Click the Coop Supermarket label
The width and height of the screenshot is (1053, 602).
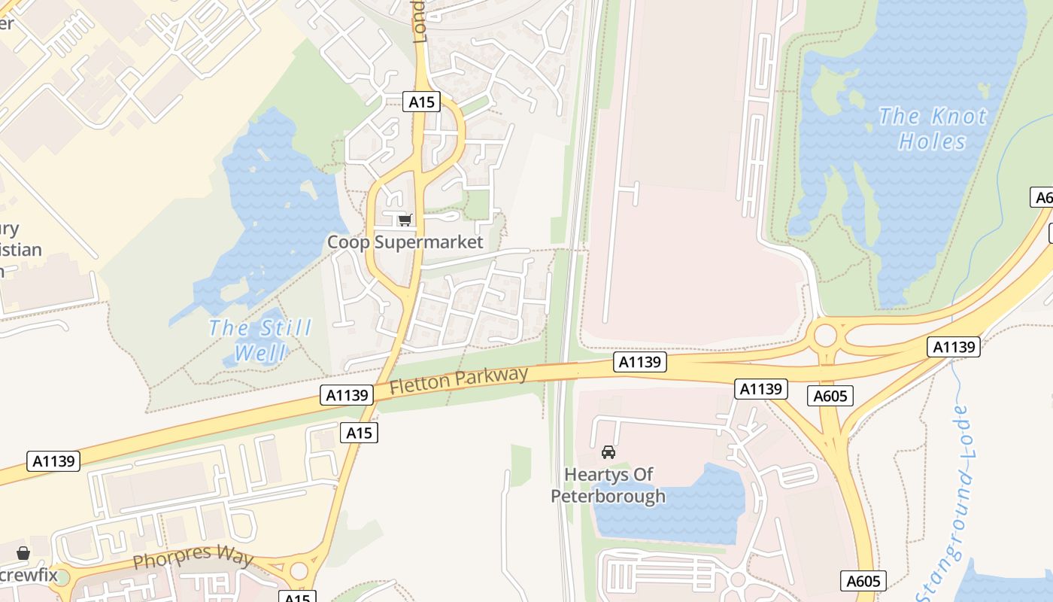405,242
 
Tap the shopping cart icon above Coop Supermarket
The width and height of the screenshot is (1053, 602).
405,220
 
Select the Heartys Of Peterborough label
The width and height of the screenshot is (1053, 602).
608,485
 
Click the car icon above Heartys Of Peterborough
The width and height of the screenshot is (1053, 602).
608,452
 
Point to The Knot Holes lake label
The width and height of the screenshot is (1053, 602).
932,129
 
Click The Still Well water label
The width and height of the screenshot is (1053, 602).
259,340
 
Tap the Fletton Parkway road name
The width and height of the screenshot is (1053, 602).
459,379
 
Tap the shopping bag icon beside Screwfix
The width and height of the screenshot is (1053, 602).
23,554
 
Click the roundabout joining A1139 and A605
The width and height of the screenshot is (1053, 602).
825,336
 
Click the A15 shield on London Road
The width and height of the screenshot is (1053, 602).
421,102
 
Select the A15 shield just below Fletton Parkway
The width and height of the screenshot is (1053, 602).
359,432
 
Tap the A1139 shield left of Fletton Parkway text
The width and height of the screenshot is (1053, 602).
347,394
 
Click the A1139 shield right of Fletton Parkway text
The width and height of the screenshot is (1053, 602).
640,363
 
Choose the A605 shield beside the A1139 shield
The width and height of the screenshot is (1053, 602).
830,396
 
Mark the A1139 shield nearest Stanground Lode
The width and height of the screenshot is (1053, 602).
954,347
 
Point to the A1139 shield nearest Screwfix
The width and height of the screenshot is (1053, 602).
53,461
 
